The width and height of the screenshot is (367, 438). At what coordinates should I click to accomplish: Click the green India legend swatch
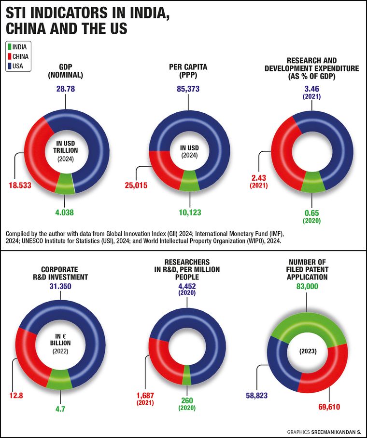coord(10,47)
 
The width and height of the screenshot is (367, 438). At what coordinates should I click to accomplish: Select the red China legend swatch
coord(10,56)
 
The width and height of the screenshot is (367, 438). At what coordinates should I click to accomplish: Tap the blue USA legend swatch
coord(10,66)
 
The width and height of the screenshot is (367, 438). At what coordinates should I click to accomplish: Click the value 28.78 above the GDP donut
coord(65,89)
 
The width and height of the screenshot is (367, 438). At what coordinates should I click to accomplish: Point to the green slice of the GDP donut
coord(65,183)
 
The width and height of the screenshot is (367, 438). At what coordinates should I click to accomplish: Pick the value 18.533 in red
coord(19,185)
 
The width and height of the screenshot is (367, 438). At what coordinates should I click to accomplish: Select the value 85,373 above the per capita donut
coord(186,89)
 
